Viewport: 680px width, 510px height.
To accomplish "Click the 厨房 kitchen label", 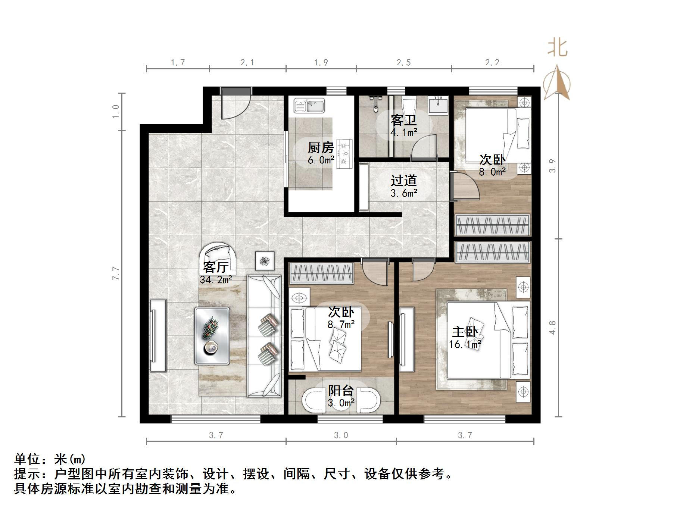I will pos(321,148).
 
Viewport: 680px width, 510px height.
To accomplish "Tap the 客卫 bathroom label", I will pos(403,120).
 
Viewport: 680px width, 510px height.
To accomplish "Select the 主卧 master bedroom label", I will pos(465,332).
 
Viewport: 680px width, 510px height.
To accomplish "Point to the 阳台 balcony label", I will pos(341,391).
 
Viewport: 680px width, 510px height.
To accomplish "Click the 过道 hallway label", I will pos(403,181).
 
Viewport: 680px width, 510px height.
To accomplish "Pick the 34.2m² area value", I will pos(216,279).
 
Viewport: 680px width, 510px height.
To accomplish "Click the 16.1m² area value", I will pos(465,344).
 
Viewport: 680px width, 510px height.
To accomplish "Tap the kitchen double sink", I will pos(309,106).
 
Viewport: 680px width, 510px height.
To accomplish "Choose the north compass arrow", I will pos(557,83).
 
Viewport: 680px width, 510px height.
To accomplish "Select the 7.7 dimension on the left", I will pos(116,273).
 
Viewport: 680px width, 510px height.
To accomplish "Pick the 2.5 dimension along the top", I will pos(403,63).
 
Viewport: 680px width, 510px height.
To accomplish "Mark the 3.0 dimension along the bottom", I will pos(341,435).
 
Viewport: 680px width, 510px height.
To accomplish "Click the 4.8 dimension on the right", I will pos(553,328).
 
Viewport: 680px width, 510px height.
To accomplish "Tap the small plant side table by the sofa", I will pos(265,260).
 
